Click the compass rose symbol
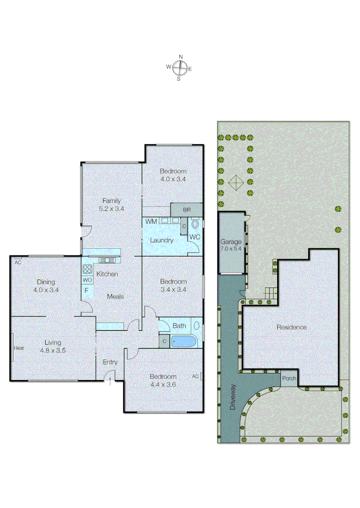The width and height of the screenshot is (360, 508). click(180, 68)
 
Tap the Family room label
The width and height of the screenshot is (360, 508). click(112, 201)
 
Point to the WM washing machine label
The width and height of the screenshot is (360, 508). click(151, 221)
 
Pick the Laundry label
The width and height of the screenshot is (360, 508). click(161, 240)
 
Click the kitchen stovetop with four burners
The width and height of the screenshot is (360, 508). click(88, 270)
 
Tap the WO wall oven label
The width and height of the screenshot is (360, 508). click(87, 280)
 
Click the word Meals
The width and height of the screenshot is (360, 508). click(115, 296)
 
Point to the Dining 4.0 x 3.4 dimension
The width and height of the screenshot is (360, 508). click(46, 290)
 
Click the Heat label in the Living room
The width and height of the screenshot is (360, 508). click(19, 348)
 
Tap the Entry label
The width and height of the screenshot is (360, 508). click(110, 362)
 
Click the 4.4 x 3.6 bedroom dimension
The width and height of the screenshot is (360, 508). click(163, 384)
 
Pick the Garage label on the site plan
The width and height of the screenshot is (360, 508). click(231, 242)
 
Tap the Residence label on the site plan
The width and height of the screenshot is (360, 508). click(291, 327)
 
